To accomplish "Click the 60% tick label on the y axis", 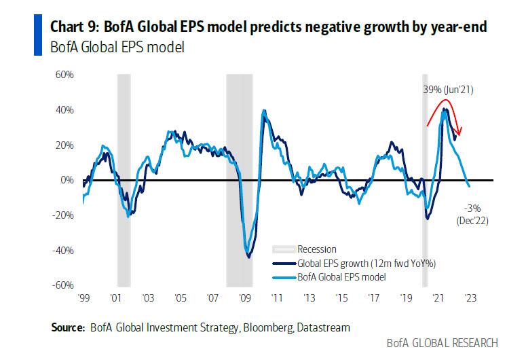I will pyautogui.click(x=64, y=74).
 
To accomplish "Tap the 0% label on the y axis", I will pyautogui.click(x=67, y=180).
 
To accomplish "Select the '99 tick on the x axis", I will pyautogui.click(x=83, y=298).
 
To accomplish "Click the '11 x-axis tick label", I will pyautogui.click(x=276, y=298).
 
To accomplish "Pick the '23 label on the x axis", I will pyautogui.click(x=470, y=298).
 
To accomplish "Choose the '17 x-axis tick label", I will pyautogui.click(x=373, y=298).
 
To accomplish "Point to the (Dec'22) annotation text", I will pyautogui.click(x=472, y=220).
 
